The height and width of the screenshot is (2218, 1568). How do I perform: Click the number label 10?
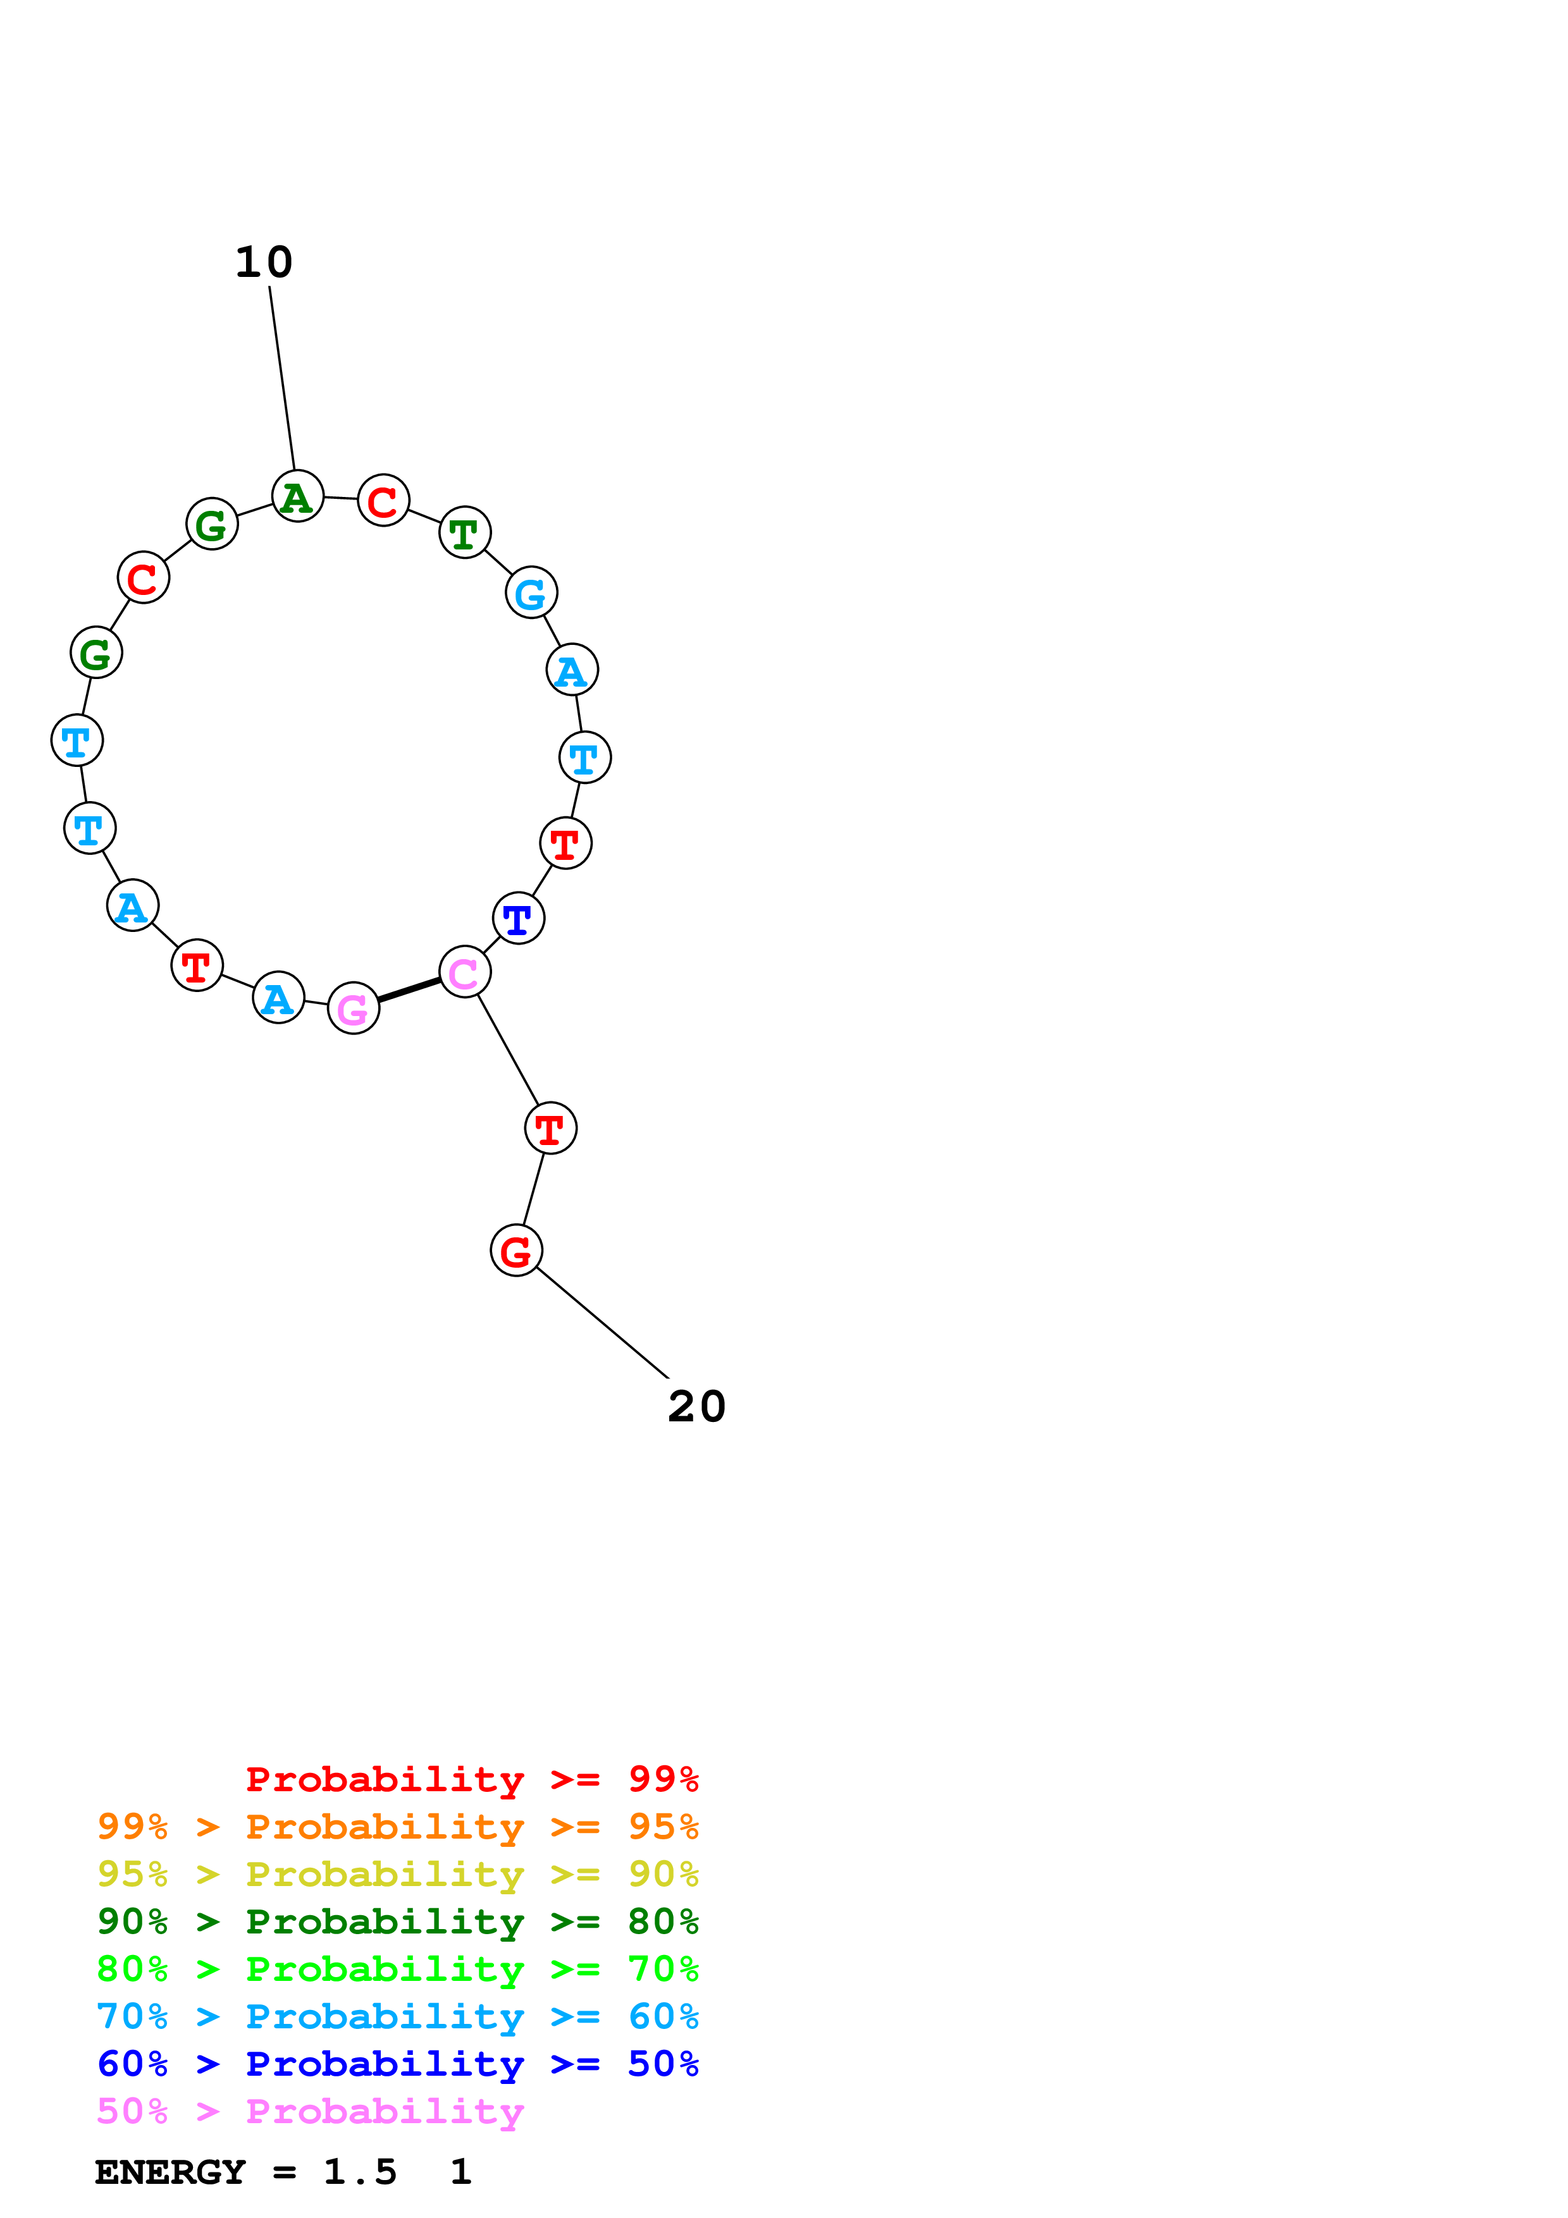(x=264, y=263)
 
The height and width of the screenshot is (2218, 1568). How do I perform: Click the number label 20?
(x=696, y=1407)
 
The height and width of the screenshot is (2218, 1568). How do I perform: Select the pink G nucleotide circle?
(x=353, y=1008)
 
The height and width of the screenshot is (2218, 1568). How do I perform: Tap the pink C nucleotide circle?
(x=465, y=972)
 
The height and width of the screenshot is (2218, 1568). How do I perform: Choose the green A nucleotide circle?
(x=297, y=496)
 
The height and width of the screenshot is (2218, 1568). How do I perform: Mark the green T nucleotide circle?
(x=465, y=532)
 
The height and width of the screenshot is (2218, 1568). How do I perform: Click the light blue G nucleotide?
(x=531, y=592)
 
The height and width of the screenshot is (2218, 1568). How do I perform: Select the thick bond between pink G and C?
(x=409, y=990)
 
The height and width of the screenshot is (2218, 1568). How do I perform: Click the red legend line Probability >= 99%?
(x=471, y=1779)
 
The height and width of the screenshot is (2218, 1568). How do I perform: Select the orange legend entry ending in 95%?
(x=397, y=1827)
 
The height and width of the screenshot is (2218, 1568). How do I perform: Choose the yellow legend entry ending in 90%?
(x=397, y=1874)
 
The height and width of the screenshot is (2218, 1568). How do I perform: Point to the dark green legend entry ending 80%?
(x=397, y=1921)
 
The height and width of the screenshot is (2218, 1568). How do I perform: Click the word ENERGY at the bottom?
(x=170, y=2172)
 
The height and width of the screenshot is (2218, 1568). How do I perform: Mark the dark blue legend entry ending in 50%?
(x=397, y=2064)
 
